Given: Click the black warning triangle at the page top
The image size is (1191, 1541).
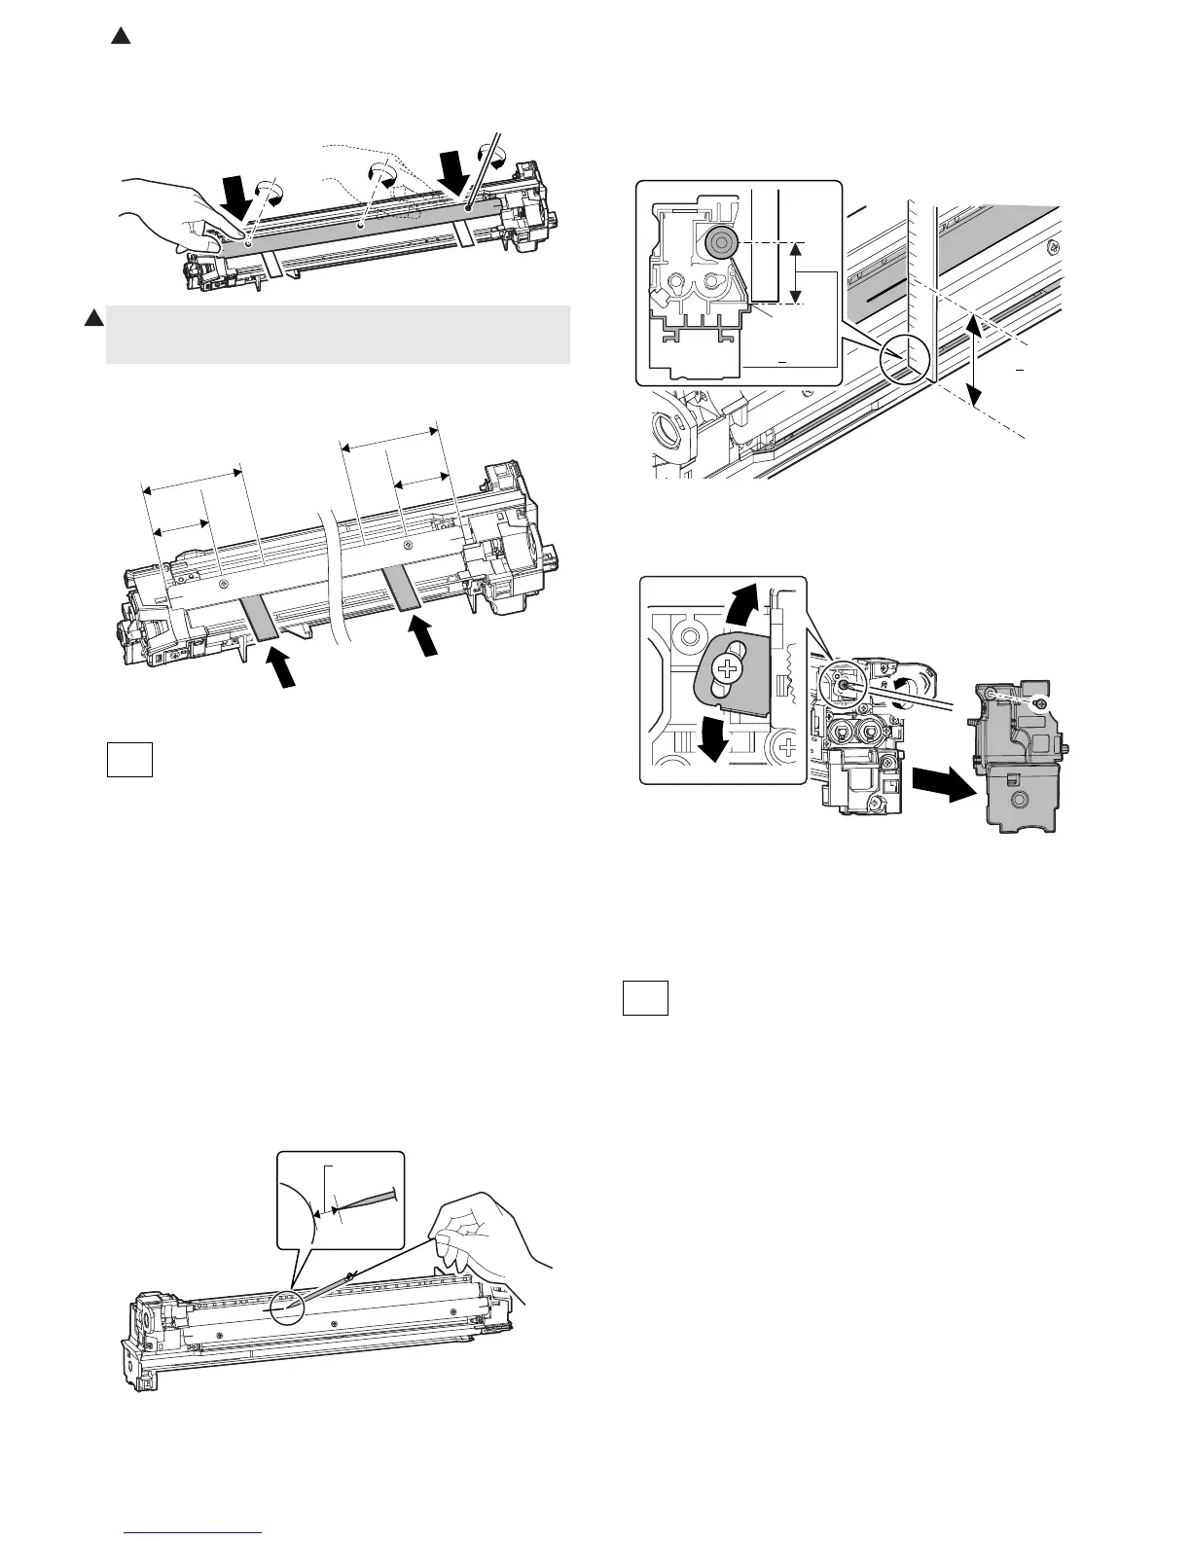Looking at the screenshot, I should (120, 37).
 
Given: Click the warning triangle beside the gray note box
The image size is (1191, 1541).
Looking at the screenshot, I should (92, 318).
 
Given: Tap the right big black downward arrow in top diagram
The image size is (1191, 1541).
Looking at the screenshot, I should (452, 173).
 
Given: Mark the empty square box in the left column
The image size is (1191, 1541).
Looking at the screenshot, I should (129, 760).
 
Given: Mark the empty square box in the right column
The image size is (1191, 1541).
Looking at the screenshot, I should (645, 998).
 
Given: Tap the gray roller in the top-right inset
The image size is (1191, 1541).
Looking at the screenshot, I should (722, 243).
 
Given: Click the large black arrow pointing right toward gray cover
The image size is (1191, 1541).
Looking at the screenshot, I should (943, 784).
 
